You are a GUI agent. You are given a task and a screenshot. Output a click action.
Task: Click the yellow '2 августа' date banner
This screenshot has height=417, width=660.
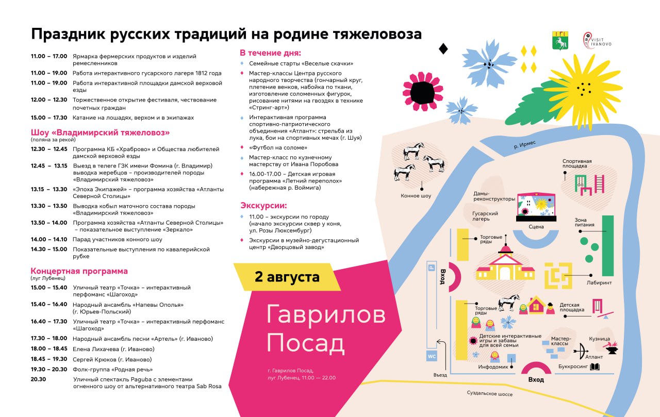click(287, 277)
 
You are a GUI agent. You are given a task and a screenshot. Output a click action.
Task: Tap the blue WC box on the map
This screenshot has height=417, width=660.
click(432, 356)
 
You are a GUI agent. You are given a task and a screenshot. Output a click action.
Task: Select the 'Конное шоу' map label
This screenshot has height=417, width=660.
click(416, 196)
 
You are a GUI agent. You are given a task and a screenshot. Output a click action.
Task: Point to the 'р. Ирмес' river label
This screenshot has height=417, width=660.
click(525, 145)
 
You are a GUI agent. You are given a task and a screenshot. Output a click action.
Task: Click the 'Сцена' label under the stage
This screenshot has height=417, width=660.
click(536, 226)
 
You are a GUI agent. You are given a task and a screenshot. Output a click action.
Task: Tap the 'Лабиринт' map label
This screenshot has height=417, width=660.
click(599, 282)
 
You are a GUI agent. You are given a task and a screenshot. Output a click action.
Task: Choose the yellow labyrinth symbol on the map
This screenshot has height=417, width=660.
click(558, 276)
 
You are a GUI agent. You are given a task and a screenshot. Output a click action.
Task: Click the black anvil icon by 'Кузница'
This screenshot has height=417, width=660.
click(612, 350)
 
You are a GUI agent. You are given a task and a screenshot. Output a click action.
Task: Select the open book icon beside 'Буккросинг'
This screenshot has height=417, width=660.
click(595, 366)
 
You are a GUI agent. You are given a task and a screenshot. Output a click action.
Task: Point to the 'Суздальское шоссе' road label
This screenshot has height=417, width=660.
click(490, 393)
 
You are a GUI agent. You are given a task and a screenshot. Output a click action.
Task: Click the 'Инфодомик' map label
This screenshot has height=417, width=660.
click(493, 367)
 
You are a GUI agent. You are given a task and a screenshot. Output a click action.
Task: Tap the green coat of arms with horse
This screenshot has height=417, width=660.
click(560, 40)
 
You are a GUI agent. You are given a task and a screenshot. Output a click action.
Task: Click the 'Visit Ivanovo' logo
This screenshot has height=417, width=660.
click(597, 40)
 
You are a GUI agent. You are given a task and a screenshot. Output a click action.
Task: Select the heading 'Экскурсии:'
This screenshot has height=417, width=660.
click(263, 206)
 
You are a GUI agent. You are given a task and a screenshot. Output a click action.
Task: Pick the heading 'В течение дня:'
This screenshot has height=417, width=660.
click(270, 53)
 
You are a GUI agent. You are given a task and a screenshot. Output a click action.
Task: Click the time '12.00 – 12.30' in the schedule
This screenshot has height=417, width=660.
click(49, 100)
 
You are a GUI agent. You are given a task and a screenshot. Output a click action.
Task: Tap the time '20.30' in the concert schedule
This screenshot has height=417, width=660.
click(38, 379)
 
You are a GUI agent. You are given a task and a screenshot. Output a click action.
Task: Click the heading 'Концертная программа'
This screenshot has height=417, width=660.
click(79, 271)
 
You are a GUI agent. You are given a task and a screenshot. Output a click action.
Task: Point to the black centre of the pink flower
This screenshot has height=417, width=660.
click(422, 92)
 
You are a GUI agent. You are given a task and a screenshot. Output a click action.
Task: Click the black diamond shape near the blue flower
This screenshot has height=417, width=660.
click(443, 49)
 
